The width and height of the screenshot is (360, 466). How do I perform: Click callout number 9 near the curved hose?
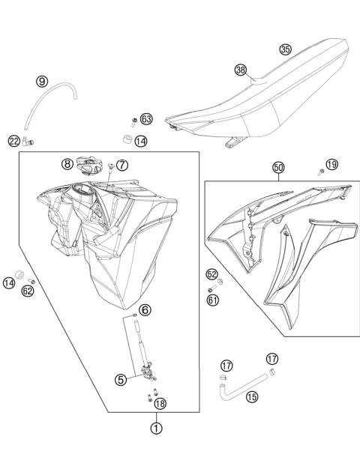[x=41, y=81]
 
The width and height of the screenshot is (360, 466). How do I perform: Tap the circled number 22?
[x=14, y=141]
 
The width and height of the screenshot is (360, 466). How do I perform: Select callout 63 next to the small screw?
[x=145, y=119]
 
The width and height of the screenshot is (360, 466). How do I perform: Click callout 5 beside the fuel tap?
[x=121, y=380]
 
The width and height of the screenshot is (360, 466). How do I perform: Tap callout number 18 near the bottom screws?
[x=160, y=404]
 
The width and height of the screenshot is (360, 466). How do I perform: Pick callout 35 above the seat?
[x=285, y=49]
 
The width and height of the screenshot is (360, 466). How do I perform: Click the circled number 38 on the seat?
[x=240, y=70]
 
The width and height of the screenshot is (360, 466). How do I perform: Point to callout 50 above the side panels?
[x=277, y=169]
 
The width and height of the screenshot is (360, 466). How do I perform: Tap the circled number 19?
[x=332, y=164]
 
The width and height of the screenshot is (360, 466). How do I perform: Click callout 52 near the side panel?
[x=212, y=274]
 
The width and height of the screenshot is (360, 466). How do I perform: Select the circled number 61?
[x=212, y=300]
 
